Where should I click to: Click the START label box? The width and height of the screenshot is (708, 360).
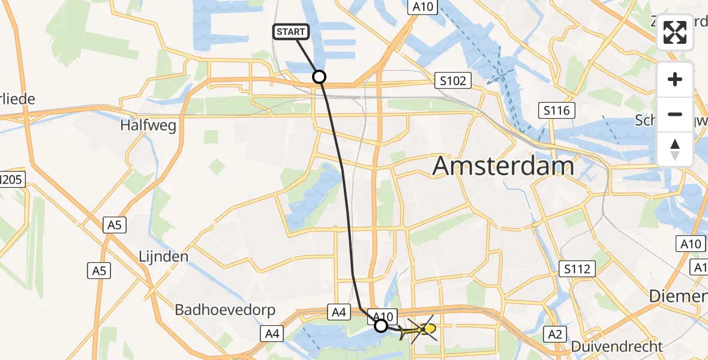[291, 32]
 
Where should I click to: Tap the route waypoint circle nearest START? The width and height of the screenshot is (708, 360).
[319, 77]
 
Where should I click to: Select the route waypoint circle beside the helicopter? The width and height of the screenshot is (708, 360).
[381, 326]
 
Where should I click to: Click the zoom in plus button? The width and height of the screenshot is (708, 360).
[675, 79]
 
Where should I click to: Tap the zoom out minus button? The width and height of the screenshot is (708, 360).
[675, 114]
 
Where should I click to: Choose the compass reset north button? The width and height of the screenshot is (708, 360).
[675, 149]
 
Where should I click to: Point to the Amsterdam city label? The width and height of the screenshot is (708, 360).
[503, 166]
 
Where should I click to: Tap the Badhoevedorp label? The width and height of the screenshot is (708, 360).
[225, 310]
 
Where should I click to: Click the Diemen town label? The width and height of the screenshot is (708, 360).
[680, 296]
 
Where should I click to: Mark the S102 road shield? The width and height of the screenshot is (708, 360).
[453, 80]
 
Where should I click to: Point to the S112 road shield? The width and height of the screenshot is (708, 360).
[577, 269]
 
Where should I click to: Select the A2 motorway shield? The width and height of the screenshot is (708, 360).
[555, 333]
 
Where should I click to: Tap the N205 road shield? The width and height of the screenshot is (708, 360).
[12, 179]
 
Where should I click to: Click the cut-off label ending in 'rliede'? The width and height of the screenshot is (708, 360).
[17, 99]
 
